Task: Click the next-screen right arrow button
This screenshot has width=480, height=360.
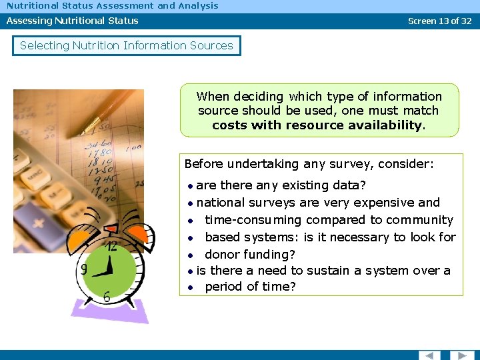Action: (x=462, y=355)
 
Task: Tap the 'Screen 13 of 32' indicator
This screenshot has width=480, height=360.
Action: (x=439, y=21)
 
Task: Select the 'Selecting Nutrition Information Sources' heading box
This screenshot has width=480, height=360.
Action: (x=127, y=45)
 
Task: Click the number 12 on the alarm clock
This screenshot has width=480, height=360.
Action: (x=112, y=246)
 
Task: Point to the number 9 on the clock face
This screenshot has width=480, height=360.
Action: (x=84, y=270)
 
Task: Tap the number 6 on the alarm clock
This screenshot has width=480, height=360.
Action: (x=107, y=297)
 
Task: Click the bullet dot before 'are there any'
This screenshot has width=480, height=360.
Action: (x=190, y=185)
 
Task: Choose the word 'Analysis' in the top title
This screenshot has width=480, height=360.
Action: (x=197, y=5)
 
